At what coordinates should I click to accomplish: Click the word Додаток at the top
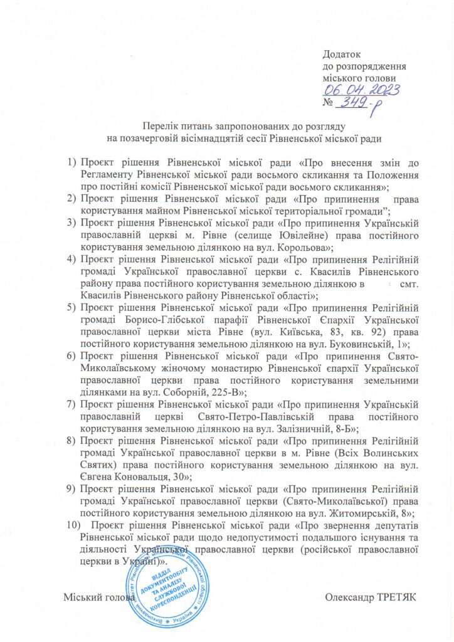coord(342,55)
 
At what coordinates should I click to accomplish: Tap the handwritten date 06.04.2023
coord(354,91)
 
